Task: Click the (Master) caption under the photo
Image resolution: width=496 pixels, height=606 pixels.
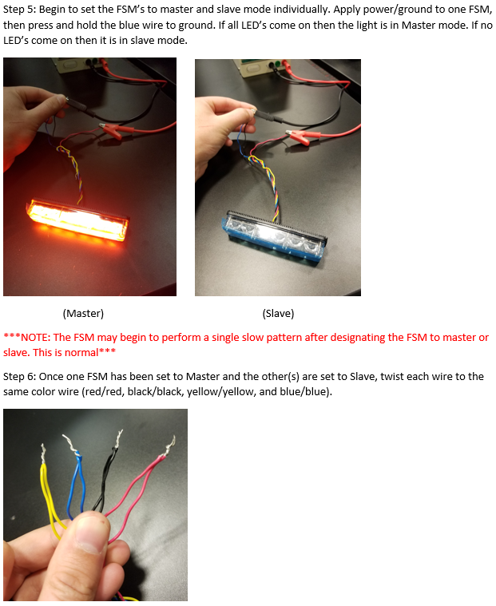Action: [x=83, y=313]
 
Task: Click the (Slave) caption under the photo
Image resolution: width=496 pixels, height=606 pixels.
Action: [x=278, y=313]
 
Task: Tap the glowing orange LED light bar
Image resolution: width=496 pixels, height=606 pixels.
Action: [x=77, y=220]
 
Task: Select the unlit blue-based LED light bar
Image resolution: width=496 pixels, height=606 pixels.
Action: [x=274, y=236]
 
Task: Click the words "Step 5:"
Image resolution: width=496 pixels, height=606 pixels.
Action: [x=19, y=10]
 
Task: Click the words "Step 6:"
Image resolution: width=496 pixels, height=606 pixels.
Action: [x=19, y=376]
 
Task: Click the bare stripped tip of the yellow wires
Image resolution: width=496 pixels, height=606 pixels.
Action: [x=44, y=454]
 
